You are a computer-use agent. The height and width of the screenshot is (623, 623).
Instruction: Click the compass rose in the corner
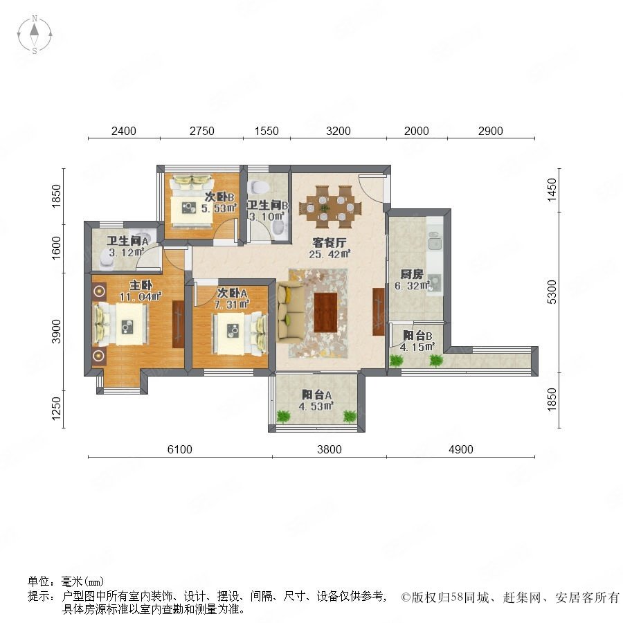point(35,34)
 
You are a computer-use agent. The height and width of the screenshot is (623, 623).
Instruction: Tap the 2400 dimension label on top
point(124,131)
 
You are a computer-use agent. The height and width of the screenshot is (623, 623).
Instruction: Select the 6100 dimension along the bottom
point(179,449)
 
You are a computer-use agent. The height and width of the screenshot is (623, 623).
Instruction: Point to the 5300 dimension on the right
point(552,292)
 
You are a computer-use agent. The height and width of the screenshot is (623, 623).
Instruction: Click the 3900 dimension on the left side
point(57,332)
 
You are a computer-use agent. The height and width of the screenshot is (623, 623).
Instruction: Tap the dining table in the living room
point(330,206)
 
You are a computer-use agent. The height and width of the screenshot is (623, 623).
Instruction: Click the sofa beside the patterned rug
point(291,312)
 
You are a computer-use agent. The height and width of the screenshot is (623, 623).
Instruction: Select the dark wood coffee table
point(326,312)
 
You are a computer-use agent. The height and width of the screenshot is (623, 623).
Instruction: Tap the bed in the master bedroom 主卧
point(121,324)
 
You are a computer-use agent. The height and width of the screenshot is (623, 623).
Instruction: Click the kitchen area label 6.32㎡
point(412,286)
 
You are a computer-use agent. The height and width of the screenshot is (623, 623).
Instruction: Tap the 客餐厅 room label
point(329,242)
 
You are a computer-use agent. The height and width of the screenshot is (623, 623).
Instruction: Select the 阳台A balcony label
point(316,395)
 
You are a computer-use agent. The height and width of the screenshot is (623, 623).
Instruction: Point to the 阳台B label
point(417,336)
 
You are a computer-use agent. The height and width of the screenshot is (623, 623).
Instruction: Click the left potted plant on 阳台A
point(284,416)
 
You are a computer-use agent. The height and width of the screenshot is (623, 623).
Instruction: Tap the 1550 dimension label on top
point(267,131)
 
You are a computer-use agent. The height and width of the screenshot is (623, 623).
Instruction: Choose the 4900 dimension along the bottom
point(461,449)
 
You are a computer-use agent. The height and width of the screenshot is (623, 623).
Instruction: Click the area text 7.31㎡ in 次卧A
point(232,305)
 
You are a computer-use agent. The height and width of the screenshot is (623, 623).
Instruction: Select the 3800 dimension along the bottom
point(329,449)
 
